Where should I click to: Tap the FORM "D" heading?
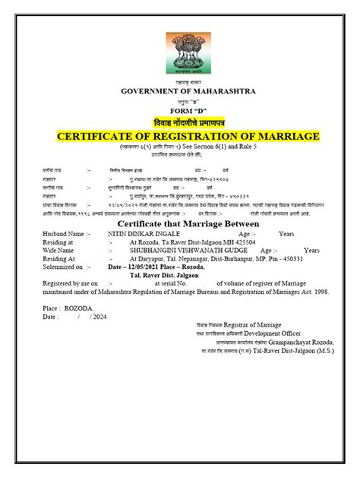coord(180,110)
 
